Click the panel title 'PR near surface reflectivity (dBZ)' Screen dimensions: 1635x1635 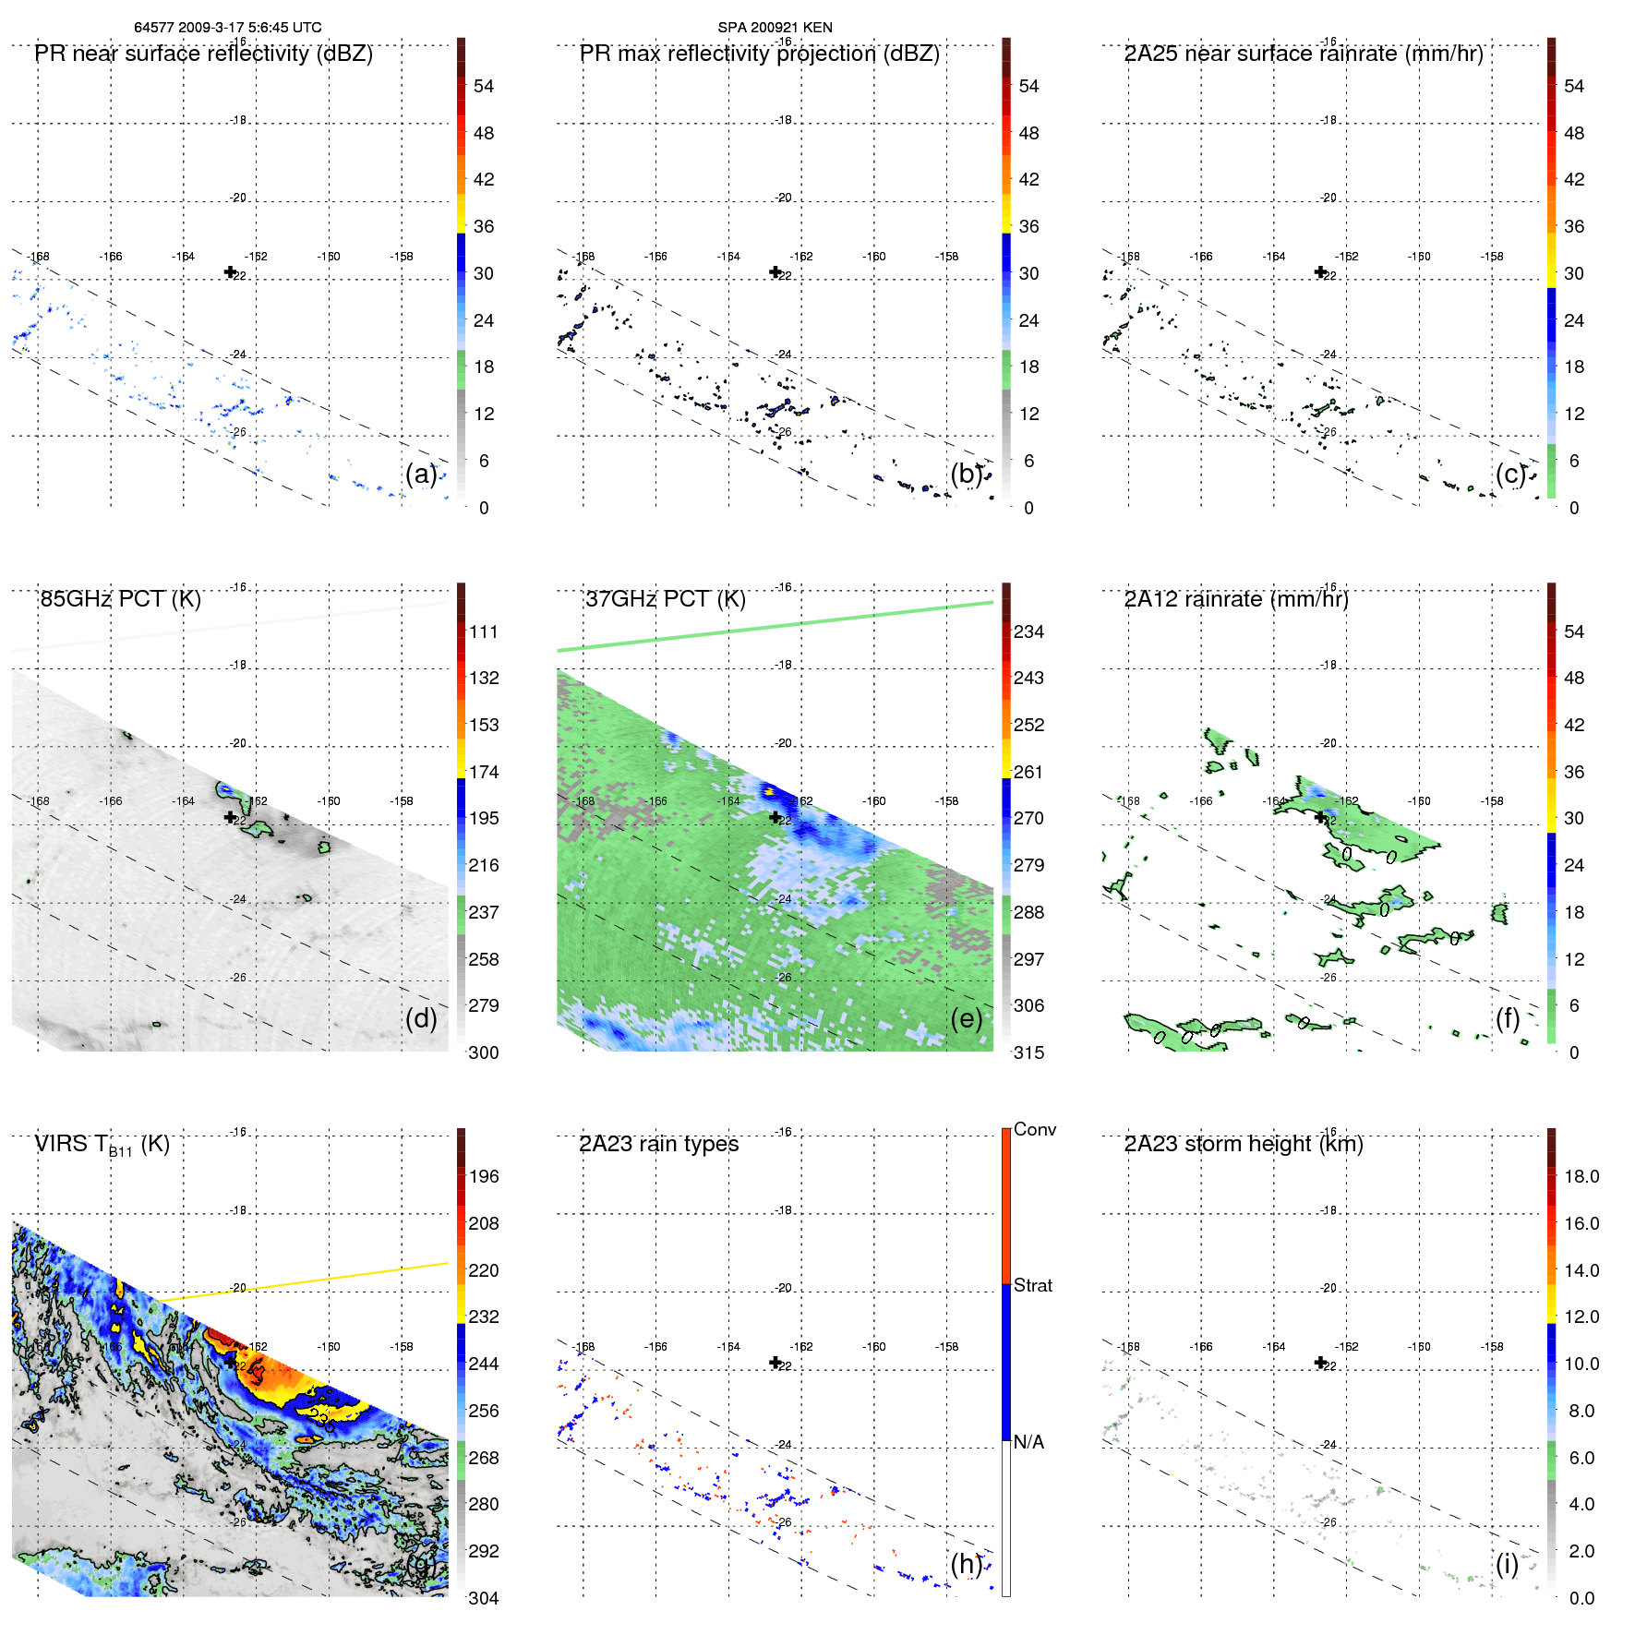pos(203,54)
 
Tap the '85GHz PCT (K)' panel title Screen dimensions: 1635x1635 pos(120,599)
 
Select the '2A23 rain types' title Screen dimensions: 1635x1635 pos(658,1144)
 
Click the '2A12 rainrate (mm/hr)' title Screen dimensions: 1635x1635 pos(1236,599)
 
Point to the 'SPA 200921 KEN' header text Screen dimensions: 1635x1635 pos(775,28)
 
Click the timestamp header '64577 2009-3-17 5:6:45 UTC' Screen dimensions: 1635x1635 pos(228,28)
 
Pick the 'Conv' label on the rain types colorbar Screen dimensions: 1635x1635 pos(1034,1129)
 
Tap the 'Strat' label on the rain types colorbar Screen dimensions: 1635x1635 pos(1032,1285)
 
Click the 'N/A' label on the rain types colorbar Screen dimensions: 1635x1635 pos(1028,1442)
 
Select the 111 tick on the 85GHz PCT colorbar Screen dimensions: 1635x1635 pos(484,631)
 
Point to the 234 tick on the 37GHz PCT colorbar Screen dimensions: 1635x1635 pos(1028,631)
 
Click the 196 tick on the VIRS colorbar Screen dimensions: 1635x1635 pos(484,1176)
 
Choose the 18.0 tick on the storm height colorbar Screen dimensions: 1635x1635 pos(1581,1176)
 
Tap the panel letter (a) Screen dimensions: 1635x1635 pos(421,474)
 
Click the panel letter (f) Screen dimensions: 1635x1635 pos(1508,1018)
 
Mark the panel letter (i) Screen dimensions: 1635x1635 pos(1507,1564)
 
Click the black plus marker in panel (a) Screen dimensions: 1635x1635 pos(230,271)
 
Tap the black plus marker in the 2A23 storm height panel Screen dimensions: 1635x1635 pos(1320,1363)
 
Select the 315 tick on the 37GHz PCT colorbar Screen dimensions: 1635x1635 pos(1028,1052)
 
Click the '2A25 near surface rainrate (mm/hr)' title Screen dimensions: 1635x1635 pos(1304,54)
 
